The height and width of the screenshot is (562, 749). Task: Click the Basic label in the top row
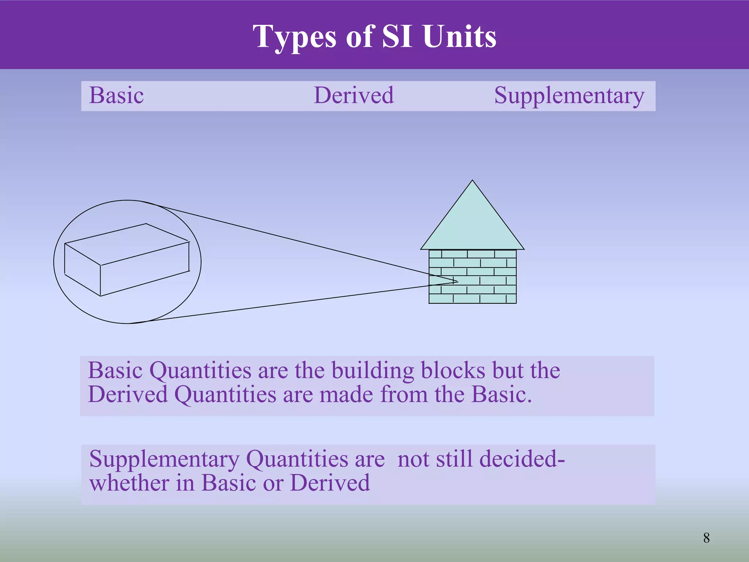point(116,96)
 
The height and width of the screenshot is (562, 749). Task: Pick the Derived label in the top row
point(354,96)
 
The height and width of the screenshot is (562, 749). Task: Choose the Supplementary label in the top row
point(569,96)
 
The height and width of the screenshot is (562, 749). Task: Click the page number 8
point(706,538)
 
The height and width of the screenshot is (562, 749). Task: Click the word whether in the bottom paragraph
point(129,483)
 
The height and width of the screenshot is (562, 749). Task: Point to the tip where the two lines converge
point(458,281)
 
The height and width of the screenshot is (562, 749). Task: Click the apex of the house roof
point(472,181)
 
